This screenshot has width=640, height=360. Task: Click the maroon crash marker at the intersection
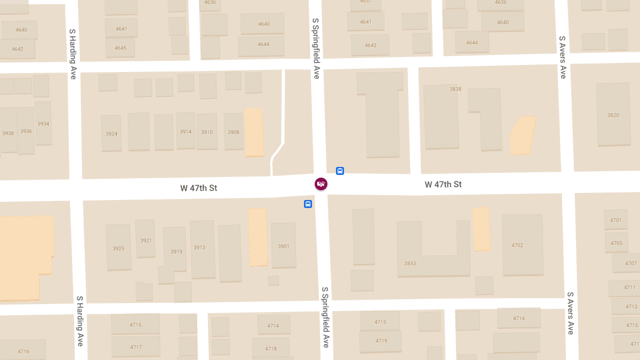321,184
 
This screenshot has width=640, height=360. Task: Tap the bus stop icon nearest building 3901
308,204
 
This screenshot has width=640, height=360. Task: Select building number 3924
111,134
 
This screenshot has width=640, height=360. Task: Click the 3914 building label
186,132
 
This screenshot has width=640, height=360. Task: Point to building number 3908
234,132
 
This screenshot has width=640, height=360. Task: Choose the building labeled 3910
207,132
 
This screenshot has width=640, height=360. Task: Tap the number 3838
455,89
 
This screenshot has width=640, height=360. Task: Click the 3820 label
613,115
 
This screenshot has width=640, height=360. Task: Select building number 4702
517,245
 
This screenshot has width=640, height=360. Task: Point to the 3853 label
410,263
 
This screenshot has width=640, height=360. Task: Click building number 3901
284,246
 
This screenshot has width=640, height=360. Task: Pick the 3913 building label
199,247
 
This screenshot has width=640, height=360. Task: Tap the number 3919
177,252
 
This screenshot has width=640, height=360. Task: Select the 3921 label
146,241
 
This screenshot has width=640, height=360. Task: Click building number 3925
118,249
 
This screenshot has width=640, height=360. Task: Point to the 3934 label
43,124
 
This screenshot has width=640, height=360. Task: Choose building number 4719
381,341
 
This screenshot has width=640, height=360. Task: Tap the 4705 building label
617,243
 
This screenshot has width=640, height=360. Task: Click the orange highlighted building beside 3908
254,132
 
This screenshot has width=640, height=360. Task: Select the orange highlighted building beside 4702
481,229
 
